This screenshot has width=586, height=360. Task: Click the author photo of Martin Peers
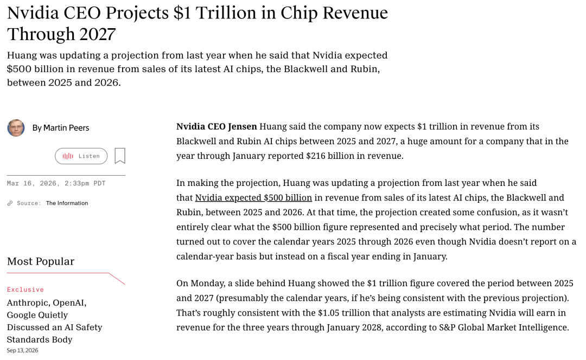(x=16, y=128)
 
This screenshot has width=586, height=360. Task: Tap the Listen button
(x=81, y=156)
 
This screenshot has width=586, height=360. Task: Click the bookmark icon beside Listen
(x=120, y=156)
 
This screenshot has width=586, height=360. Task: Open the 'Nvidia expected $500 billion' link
(x=253, y=197)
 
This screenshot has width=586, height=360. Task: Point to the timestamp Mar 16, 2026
(x=32, y=183)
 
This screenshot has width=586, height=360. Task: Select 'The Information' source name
(x=67, y=203)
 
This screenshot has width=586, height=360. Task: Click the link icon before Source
(x=10, y=203)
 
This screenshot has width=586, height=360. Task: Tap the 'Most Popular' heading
(x=41, y=261)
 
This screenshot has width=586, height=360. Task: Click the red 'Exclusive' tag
(x=26, y=290)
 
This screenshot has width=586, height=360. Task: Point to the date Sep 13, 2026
(x=22, y=350)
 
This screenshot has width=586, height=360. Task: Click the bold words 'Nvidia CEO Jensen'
(x=216, y=127)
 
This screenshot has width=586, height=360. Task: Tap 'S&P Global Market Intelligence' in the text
(x=504, y=327)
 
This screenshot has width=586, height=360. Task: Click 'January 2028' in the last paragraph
(x=354, y=327)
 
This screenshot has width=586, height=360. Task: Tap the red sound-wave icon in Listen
(x=68, y=156)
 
